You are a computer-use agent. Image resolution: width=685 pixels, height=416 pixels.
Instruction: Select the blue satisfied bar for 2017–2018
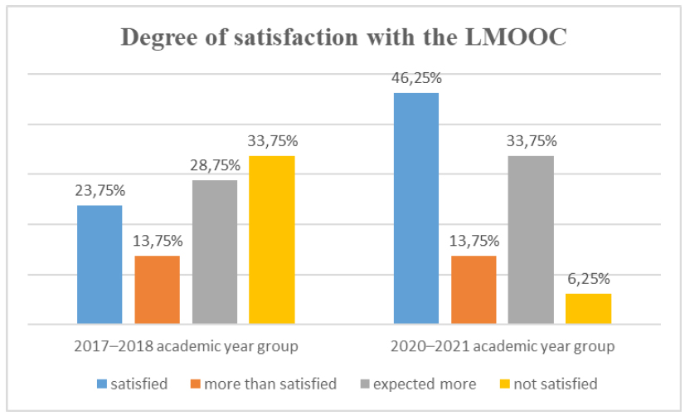pyautogui.click(x=100, y=264)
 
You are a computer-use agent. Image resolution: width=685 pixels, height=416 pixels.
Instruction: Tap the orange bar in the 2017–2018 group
pyautogui.click(x=157, y=289)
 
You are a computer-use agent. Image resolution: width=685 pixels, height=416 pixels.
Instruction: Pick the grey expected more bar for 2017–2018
pyautogui.click(x=215, y=252)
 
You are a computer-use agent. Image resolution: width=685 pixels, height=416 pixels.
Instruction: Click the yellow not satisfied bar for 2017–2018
pyautogui.click(x=272, y=239)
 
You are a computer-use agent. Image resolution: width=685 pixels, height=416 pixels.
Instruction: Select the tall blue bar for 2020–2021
pyautogui.click(x=416, y=208)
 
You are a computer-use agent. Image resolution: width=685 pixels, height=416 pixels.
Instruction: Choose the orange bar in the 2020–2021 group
pyautogui.click(x=474, y=289)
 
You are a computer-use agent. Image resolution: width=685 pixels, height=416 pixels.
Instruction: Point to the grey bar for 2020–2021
pyautogui.click(x=531, y=239)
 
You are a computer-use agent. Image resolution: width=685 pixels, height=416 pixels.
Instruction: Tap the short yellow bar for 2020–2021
pyautogui.click(x=588, y=308)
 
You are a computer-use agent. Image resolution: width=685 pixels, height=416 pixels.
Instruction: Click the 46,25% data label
pyautogui.click(x=416, y=79)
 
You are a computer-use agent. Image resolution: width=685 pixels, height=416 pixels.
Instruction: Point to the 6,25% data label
pyautogui.click(x=588, y=280)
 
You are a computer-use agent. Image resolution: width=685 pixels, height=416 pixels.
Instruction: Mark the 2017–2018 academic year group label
pyautogui.click(x=186, y=346)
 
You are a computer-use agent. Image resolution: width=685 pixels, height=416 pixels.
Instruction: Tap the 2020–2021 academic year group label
pyautogui.click(x=503, y=346)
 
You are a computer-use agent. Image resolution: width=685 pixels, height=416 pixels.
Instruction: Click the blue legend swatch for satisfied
pyautogui.click(x=101, y=384)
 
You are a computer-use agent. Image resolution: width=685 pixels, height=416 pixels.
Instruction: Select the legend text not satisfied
pyautogui.click(x=555, y=384)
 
